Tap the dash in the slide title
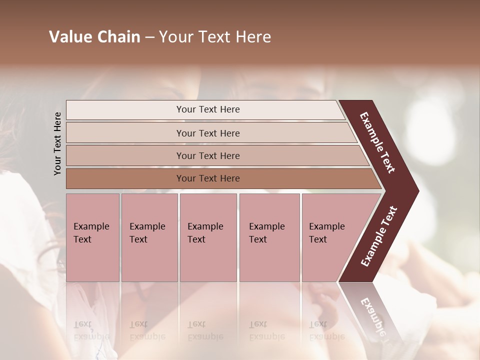149,37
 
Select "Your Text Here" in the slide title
215,37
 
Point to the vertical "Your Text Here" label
57,143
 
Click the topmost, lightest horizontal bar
208,109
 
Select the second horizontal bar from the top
208,133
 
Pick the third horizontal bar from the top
208,155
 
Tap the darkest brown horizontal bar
208,178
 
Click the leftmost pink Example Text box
92,237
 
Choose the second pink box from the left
149,237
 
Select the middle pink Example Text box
208,237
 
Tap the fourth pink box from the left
269,237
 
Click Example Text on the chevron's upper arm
377,142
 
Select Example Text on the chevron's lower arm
378,236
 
